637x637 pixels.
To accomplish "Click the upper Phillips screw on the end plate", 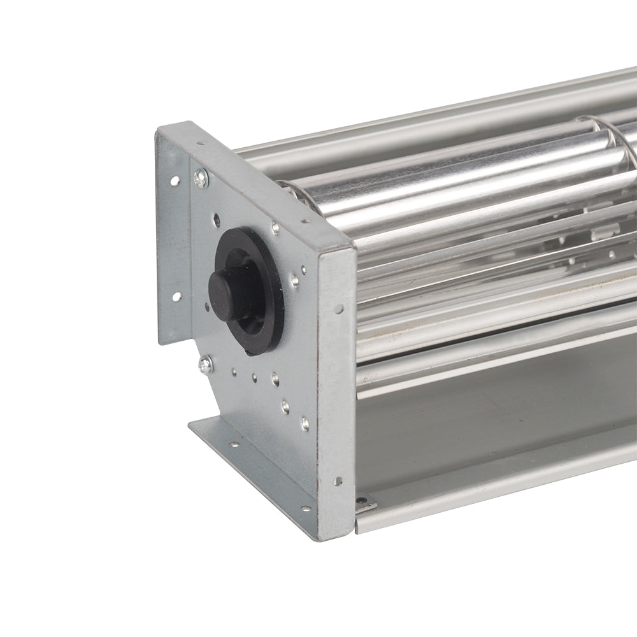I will tap(201, 179).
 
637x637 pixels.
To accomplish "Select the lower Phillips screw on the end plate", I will tap(205, 364).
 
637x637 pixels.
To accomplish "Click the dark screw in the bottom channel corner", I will tap(364, 503).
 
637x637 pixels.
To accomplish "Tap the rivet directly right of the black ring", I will tap(295, 278).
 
